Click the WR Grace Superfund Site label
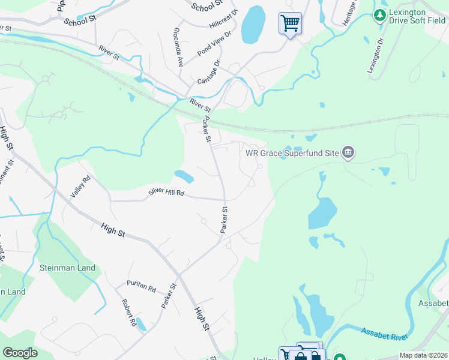point(292,152)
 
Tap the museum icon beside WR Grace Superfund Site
point(348,152)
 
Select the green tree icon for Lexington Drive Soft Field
point(379,14)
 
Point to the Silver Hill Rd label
point(166,193)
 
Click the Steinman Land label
point(68,267)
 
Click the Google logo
point(20,353)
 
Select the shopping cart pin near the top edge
point(290,24)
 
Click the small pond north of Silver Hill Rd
point(184,176)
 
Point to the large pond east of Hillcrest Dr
point(253,25)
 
